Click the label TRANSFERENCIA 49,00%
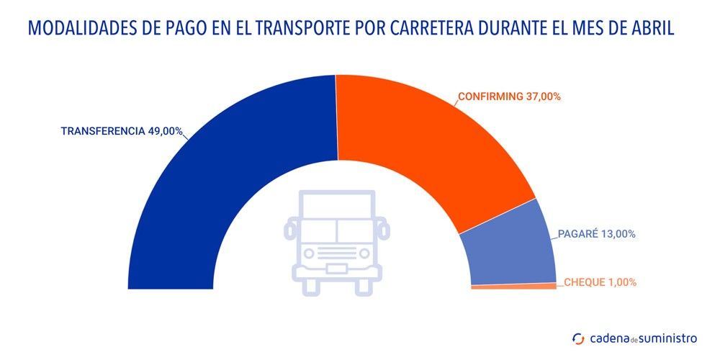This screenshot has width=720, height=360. click(122, 132)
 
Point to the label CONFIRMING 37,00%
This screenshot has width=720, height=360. click(510, 96)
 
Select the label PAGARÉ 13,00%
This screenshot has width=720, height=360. click(596, 234)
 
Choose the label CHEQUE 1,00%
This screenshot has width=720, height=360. click(599, 282)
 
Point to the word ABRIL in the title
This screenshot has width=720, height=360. click(654, 30)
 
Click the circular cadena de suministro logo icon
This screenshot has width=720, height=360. click(577, 338)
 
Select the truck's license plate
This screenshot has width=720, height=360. click(336, 269)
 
